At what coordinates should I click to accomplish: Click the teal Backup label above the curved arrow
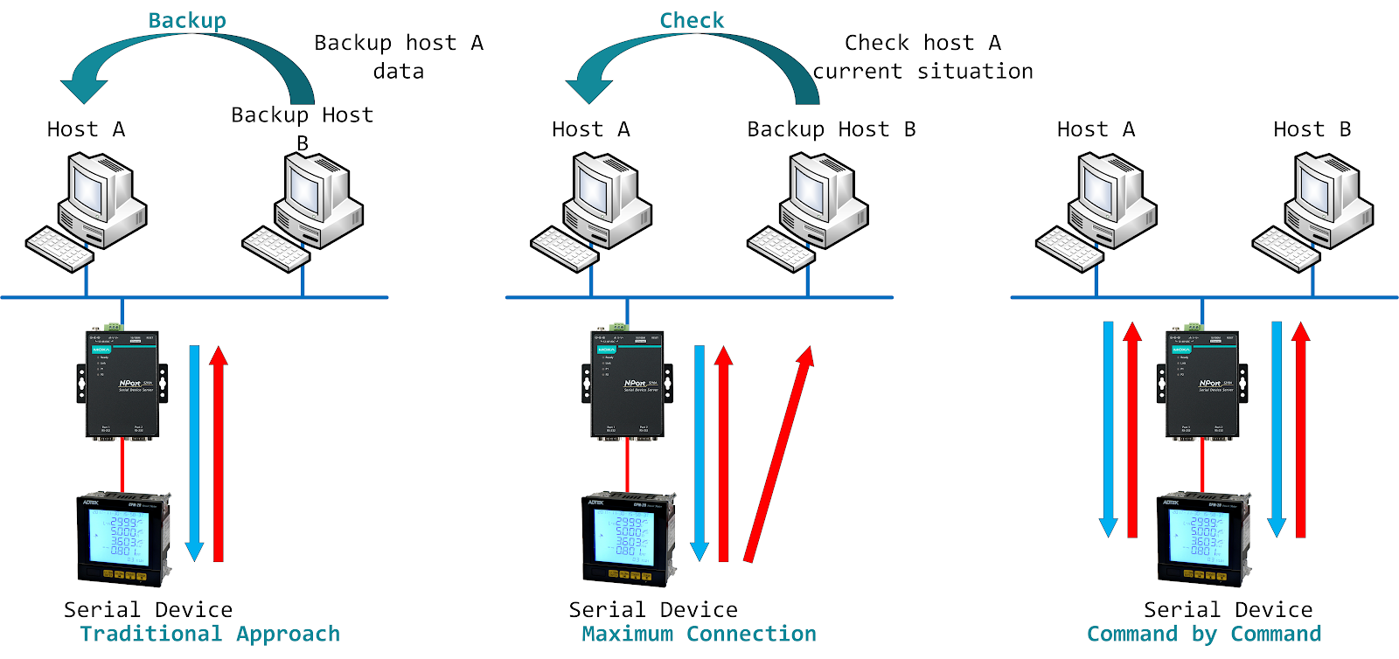pyautogui.click(x=187, y=20)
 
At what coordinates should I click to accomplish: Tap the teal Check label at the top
pyautogui.click(x=692, y=20)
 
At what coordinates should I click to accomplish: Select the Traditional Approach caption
pyautogui.click(x=210, y=634)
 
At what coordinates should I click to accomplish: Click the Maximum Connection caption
pyautogui.click(x=699, y=634)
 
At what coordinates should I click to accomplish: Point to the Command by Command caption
pyautogui.click(x=1204, y=634)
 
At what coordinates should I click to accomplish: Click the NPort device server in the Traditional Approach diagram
pyautogui.click(x=122, y=385)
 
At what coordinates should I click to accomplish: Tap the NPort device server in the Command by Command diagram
pyautogui.click(x=1202, y=385)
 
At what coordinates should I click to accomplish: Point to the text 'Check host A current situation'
pyautogui.click(x=923, y=57)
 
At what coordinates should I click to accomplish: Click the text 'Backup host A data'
pyautogui.click(x=399, y=57)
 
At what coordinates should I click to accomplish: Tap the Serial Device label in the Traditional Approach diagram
pyautogui.click(x=148, y=609)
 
